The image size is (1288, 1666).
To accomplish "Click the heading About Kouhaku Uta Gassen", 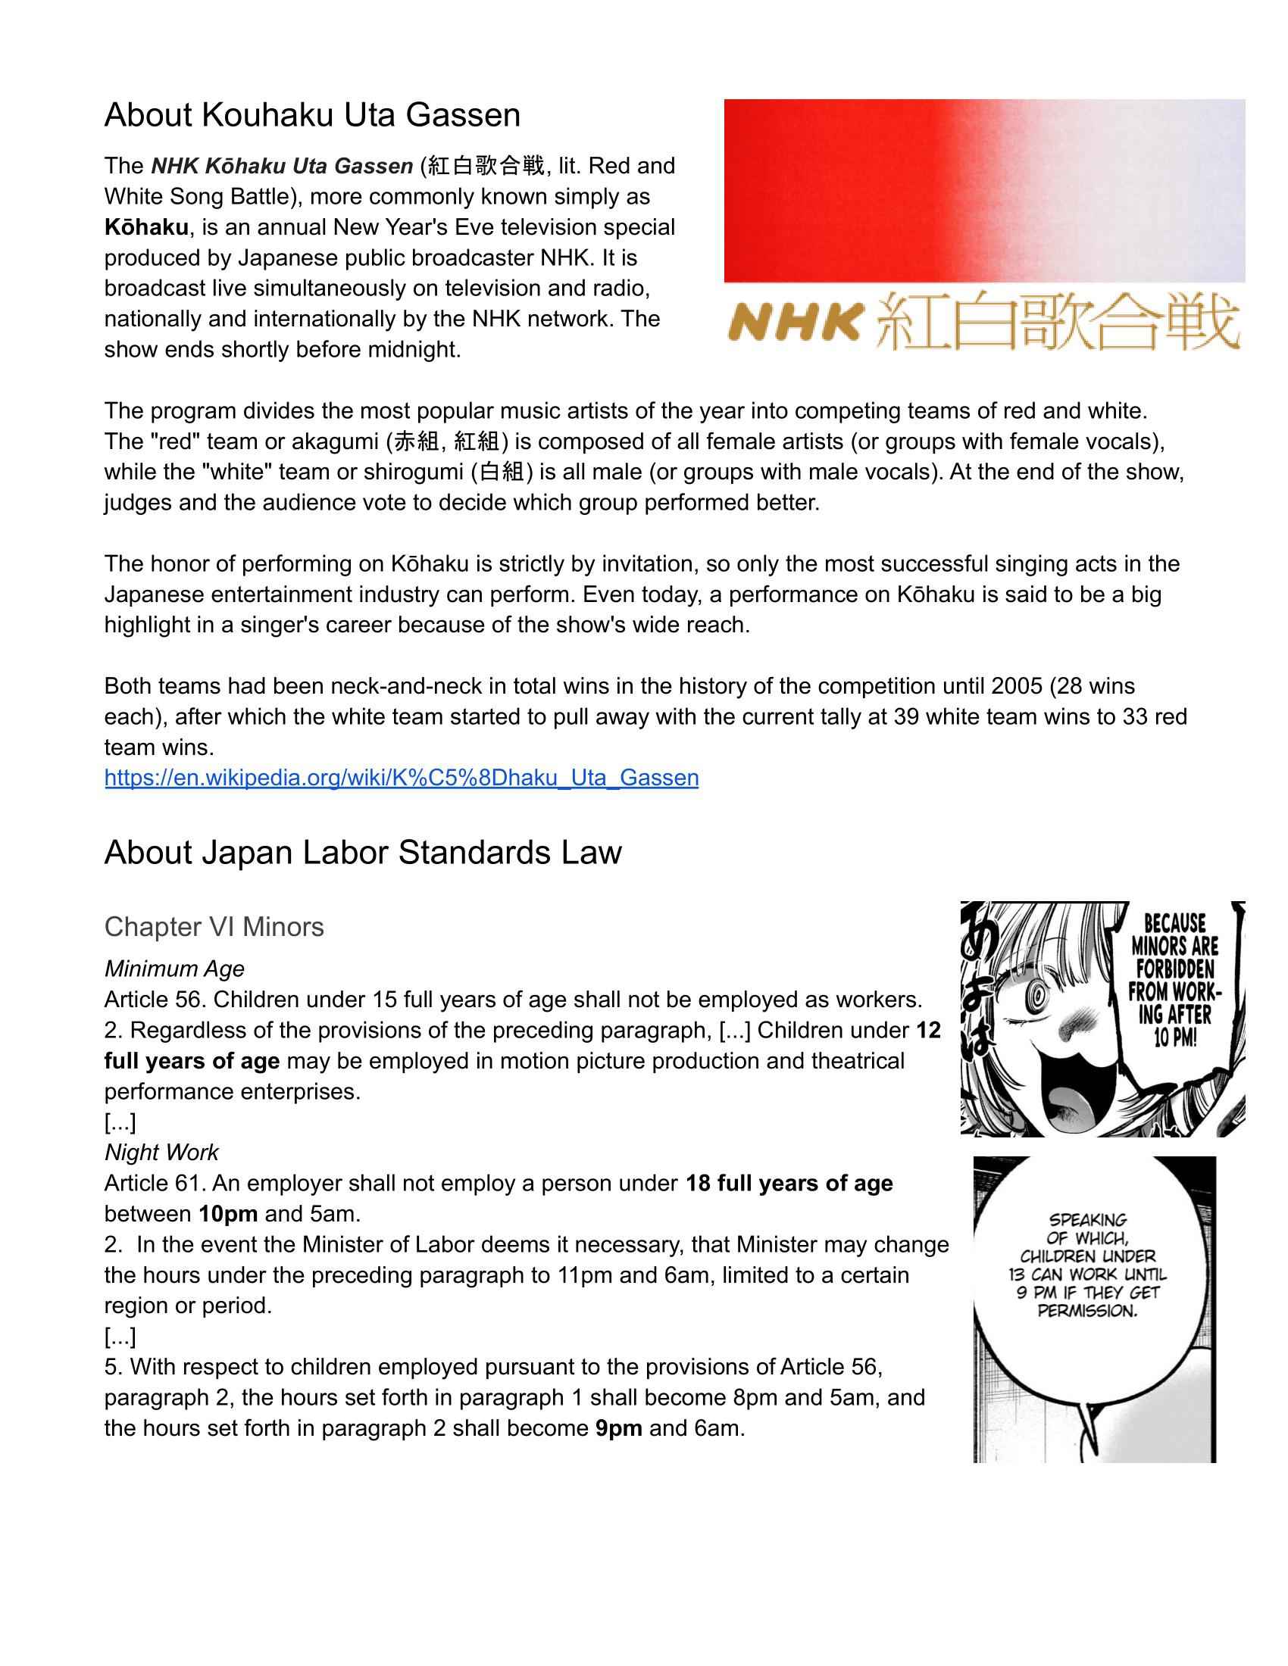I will [312, 115].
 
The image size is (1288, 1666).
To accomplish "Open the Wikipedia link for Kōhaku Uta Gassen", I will [402, 777].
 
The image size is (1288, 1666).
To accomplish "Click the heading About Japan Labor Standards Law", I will [362, 852].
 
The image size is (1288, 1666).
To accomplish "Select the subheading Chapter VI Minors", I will [214, 927].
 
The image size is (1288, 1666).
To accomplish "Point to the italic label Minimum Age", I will [174, 969].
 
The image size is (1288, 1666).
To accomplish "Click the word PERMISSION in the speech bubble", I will [1087, 1311].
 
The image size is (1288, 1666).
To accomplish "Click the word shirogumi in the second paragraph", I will [411, 473].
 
